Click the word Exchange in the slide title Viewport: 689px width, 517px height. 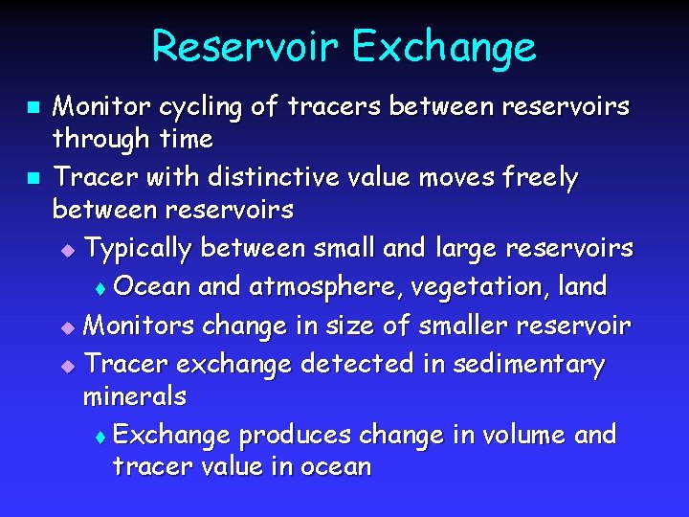[441, 47]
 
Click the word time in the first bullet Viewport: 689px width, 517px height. [187, 139]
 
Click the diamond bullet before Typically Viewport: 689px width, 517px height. [66, 251]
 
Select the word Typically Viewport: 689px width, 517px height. [139, 249]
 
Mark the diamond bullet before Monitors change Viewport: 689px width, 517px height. [66, 327]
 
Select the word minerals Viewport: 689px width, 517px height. [134, 395]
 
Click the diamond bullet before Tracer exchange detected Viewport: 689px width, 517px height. [66, 366]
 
